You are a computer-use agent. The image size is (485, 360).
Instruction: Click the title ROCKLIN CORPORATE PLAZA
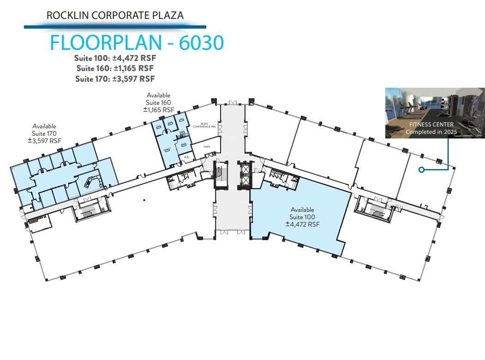[x=115, y=15]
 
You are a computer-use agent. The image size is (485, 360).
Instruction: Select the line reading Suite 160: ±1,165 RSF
[x=115, y=68]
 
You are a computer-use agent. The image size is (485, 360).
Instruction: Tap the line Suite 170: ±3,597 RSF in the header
[x=115, y=78]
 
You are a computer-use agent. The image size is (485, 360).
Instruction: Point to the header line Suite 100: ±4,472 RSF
[x=115, y=58]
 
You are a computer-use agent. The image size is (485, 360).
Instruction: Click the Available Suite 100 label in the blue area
[x=302, y=217]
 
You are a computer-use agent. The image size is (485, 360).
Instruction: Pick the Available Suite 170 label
[x=44, y=133]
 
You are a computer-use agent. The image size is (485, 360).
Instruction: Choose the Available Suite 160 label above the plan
[x=158, y=102]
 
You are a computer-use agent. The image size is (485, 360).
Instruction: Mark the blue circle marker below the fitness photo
[x=421, y=170]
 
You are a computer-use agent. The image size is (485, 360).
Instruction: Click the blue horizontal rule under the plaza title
[x=115, y=27]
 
